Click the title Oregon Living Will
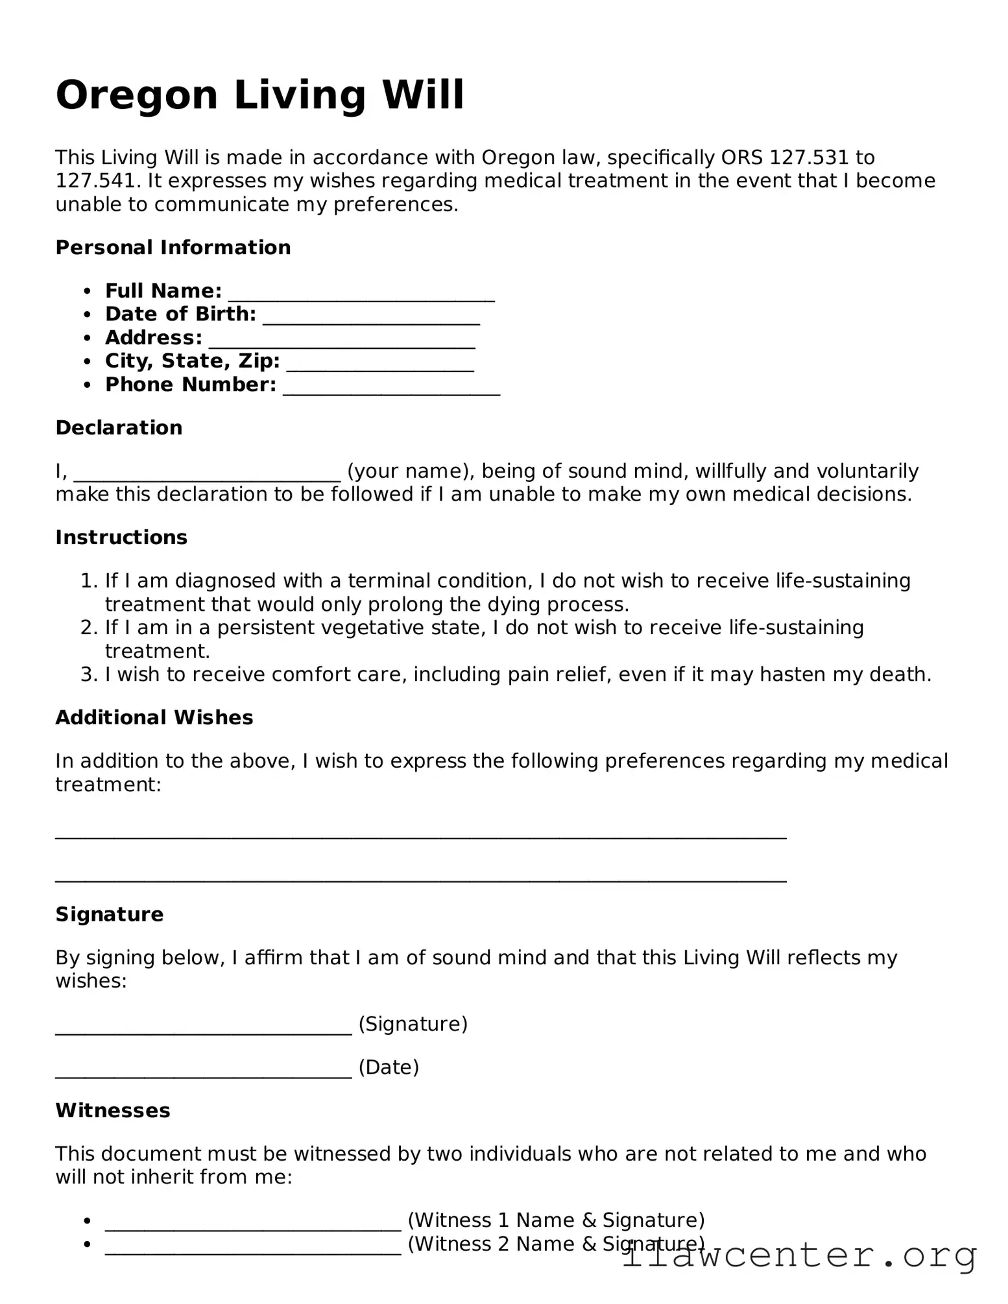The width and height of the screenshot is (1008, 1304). [259, 95]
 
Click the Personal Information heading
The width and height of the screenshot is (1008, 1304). [173, 247]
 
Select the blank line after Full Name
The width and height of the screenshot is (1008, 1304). [361, 296]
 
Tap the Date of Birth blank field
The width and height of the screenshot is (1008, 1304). [371, 319]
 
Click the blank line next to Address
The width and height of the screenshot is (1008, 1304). [342, 343]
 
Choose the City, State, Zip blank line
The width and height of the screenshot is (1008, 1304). [380, 366]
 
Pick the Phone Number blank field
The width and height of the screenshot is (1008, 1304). [391, 390]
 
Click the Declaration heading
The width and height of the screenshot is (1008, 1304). [119, 427]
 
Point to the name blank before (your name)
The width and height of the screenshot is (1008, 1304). [207, 476]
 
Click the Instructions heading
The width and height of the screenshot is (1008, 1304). [121, 537]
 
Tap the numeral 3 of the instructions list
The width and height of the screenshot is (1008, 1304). [88, 674]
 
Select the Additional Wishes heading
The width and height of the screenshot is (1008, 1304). [154, 717]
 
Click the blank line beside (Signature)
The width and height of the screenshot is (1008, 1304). [203, 1029]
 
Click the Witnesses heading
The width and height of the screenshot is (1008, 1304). [113, 1110]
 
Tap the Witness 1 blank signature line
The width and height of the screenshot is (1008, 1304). [253, 1226]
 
